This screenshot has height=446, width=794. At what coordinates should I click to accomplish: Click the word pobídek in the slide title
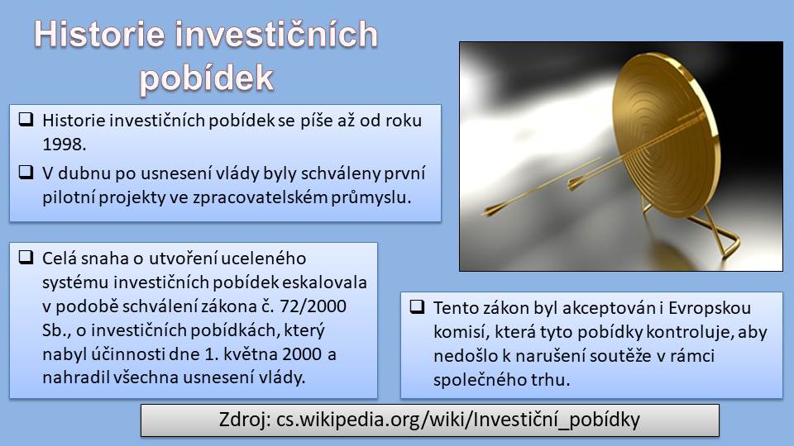tap(207, 79)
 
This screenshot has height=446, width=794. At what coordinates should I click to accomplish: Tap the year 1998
tap(64, 145)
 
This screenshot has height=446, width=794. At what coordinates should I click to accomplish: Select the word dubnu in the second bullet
tap(82, 173)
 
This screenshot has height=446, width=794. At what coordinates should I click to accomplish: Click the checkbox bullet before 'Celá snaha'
tap(26, 258)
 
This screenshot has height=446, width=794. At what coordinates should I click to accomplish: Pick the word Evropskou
tap(710, 308)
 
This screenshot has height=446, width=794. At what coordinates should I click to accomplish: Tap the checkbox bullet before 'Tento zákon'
tap(417, 306)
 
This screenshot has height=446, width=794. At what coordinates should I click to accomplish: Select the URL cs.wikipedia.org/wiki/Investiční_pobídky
tap(458, 420)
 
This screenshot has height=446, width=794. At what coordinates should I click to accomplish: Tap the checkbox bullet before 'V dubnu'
tap(26, 172)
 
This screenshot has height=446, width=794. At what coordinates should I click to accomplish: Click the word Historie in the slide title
tap(100, 35)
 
